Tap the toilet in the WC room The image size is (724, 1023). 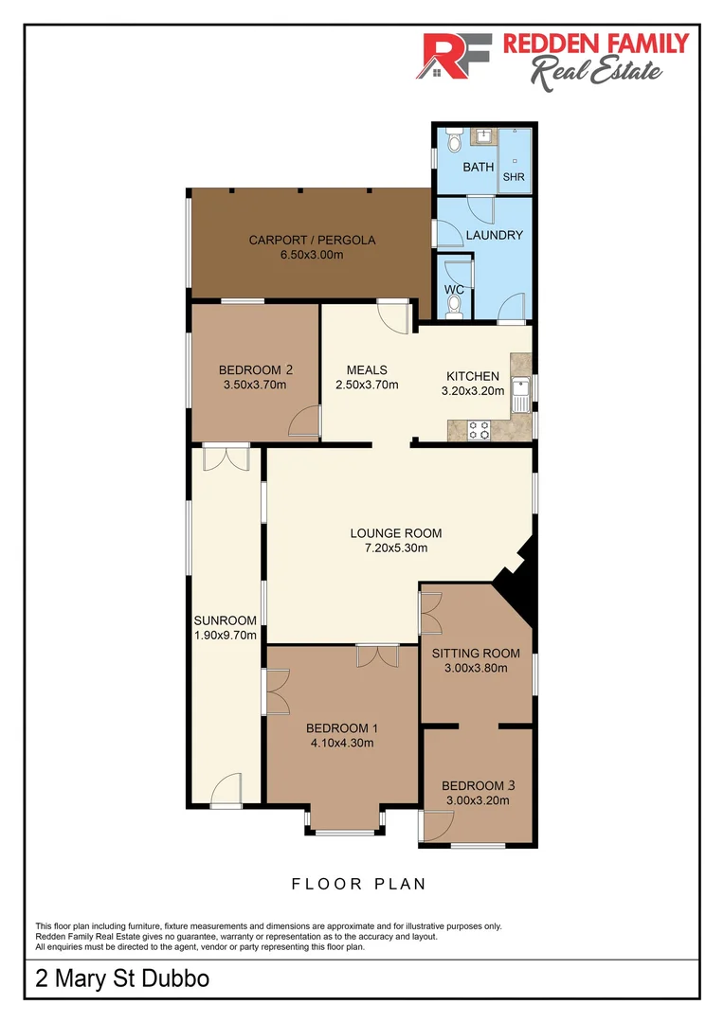pos(454,304)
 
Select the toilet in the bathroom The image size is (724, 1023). pos(453,142)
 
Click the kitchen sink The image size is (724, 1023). pos(521,393)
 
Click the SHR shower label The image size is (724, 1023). pos(513,176)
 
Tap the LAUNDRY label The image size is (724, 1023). pos(495,235)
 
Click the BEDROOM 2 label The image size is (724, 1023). pos(255,369)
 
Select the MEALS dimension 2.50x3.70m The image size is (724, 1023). pos(367,385)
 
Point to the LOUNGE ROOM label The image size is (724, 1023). pos(396,532)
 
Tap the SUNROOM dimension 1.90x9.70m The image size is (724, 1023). pos(226,636)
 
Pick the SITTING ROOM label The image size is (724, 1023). pos(476,653)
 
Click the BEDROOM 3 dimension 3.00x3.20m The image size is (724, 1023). pos(478,800)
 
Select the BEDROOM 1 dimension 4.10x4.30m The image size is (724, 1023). pos(342,743)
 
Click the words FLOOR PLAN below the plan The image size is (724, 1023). pos(358,884)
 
